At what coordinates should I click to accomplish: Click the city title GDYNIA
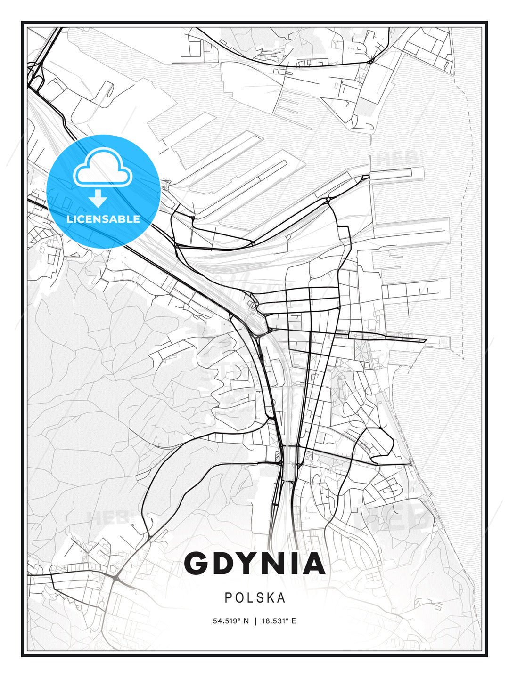(x=254, y=564)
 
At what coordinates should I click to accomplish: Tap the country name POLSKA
(x=255, y=597)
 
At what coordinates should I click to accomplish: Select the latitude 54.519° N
(x=230, y=621)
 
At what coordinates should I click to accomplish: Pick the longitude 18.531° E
(x=279, y=621)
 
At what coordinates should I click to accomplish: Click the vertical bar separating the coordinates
(x=255, y=621)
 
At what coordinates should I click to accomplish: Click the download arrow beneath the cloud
(x=99, y=198)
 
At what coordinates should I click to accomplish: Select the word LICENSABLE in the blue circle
(x=103, y=219)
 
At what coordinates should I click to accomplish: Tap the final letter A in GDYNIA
(x=312, y=564)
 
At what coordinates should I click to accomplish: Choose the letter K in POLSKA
(x=269, y=597)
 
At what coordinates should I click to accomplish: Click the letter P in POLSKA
(x=229, y=597)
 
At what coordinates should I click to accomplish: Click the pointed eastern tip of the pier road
(x=426, y=340)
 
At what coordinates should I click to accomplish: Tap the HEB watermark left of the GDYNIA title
(x=107, y=518)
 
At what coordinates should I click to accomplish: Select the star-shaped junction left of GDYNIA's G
(x=115, y=577)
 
